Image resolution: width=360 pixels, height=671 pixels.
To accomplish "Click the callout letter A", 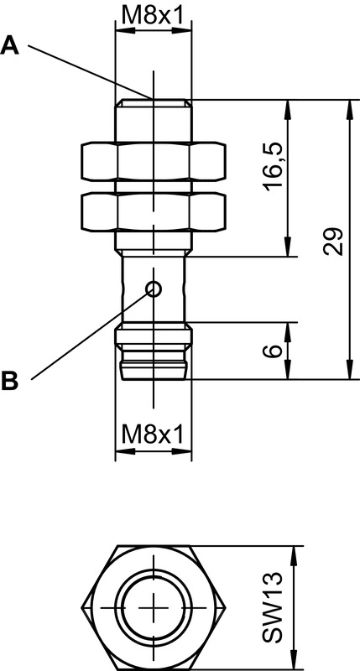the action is tap(10, 46).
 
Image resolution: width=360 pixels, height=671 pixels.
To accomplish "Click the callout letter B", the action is tap(10, 381).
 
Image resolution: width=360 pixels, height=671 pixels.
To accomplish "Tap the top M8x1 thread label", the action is tap(153, 16).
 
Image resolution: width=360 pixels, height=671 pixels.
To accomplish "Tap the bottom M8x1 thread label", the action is tap(153, 435).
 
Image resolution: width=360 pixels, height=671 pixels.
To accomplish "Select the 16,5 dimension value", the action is tap(274, 167).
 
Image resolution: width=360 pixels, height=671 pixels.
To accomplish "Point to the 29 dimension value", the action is tap(334, 241).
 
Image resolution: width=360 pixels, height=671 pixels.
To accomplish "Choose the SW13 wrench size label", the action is tap(273, 607).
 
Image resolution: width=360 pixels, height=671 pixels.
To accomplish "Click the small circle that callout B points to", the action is tap(154, 289).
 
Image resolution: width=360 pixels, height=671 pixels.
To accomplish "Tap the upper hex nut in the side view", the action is tap(154, 162).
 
